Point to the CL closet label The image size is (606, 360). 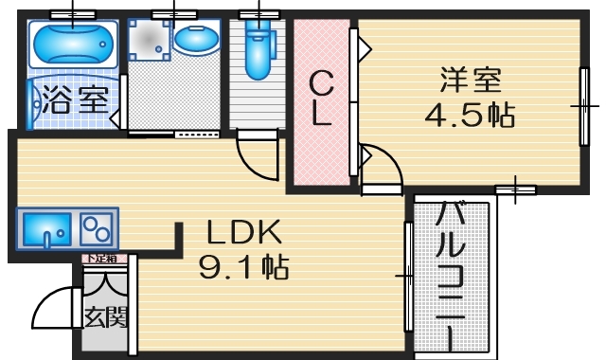tap(322, 99)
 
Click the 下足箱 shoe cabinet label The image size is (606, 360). tap(99, 258)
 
